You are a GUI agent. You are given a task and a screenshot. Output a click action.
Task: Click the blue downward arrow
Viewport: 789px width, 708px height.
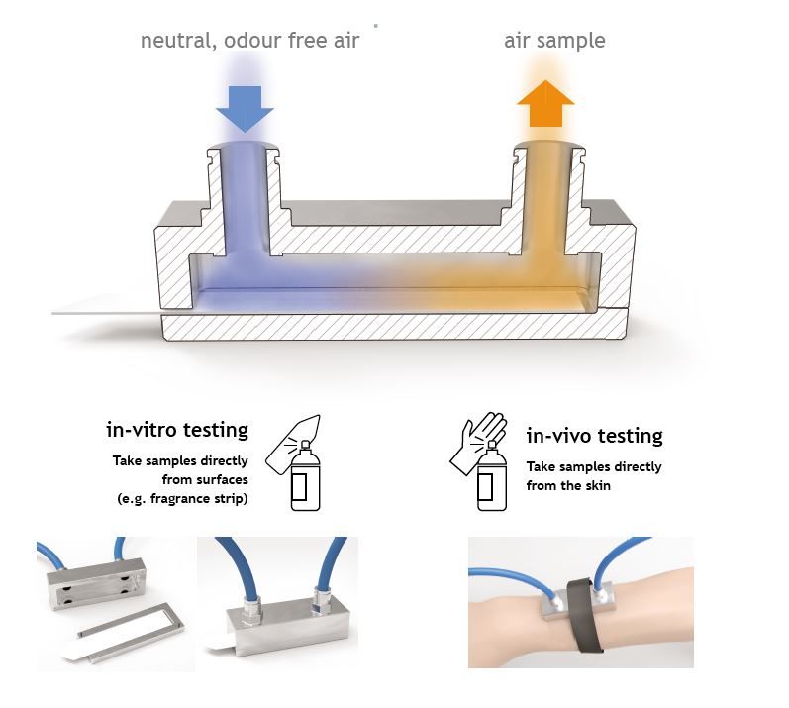(x=245, y=109)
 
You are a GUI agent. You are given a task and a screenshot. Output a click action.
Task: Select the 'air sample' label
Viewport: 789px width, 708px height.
(x=554, y=41)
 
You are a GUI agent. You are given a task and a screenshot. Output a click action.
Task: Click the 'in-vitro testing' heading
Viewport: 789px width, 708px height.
(x=177, y=430)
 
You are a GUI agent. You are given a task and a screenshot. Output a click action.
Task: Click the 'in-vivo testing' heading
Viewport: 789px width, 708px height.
(x=594, y=436)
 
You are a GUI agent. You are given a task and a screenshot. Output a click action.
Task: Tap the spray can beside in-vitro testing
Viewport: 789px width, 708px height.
(x=306, y=476)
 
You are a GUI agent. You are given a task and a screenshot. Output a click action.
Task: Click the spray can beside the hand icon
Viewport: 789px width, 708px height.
(x=492, y=476)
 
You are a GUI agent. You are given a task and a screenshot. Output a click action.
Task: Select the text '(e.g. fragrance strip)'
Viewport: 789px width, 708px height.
(x=183, y=499)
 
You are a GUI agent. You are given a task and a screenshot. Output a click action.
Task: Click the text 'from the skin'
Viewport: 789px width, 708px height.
(x=568, y=485)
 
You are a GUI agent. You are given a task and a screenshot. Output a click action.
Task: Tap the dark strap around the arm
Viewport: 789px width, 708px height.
(x=586, y=615)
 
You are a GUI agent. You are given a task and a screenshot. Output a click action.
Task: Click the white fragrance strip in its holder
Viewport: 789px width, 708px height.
(x=123, y=632)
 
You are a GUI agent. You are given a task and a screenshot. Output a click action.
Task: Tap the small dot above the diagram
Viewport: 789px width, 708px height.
(x=376, y=25)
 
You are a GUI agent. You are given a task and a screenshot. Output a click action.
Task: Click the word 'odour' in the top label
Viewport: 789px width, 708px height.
(x=252, y=41)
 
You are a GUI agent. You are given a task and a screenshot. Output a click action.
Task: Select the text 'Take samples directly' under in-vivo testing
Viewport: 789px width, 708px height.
(x=594, y=467)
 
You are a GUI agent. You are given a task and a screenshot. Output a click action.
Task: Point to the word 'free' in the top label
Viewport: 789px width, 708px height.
(x=307, y=41)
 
